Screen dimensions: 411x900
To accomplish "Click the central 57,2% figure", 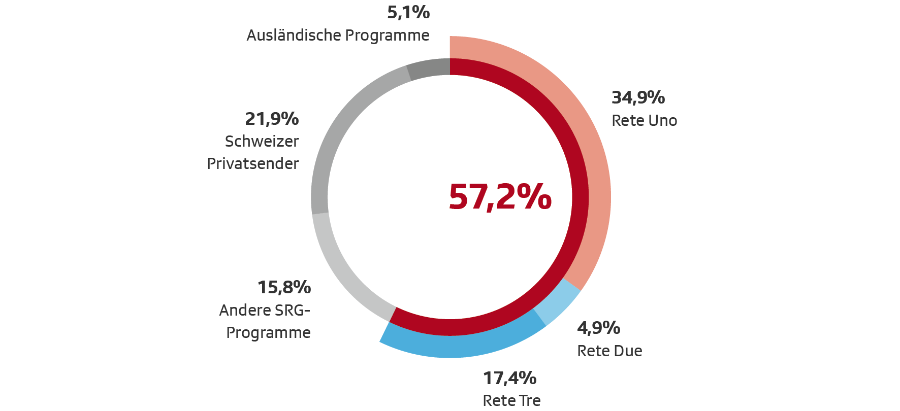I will [500, 197].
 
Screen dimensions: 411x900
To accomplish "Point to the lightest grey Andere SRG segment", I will [345, 269].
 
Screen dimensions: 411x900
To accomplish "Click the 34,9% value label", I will [638, 97].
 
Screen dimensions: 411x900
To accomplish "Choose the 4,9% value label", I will [598, 328].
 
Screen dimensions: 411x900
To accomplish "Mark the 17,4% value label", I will [509, 378].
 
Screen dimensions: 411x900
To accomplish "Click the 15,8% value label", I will [284, 287].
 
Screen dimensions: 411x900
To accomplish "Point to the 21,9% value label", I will [272, 119].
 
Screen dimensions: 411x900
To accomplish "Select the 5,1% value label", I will [408, 12].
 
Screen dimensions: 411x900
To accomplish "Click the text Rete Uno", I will [644, 121].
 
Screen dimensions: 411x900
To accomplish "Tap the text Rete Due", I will [609, 351].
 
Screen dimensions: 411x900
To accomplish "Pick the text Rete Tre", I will [511, 400].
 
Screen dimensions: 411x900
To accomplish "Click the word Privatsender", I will [252, 164].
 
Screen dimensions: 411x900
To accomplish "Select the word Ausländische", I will [294, 36].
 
